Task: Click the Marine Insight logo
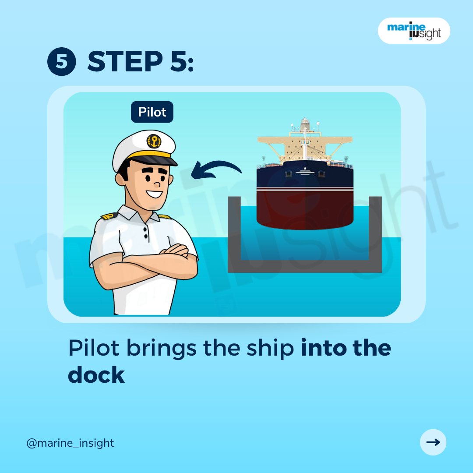(x=413, y=31)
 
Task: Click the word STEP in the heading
(x=125, y=61)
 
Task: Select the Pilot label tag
(x=152, y=112)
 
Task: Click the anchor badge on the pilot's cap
(x=154, y=141)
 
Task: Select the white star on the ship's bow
(x=305, y=168)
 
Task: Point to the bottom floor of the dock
(x=305, y=266)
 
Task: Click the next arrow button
(x=433, y=442)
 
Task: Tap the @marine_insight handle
(x=70, y=443)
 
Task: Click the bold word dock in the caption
(x=96, y=375)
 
